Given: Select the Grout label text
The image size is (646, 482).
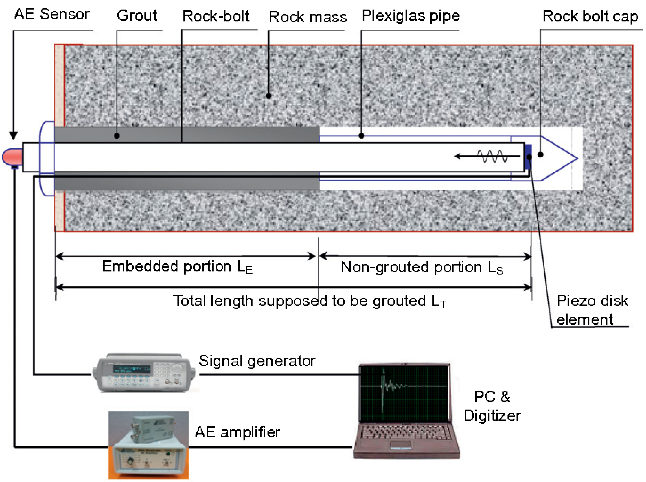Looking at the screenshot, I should tap(137, 15).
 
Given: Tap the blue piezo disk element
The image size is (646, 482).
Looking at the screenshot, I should tap(528, 157).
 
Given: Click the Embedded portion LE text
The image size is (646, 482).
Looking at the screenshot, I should tap(177, 266).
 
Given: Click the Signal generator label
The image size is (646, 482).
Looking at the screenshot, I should tap(257, 360).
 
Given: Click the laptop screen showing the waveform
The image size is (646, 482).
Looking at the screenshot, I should tap(404, 392).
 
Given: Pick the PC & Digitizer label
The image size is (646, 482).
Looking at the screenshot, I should tap(492, 406).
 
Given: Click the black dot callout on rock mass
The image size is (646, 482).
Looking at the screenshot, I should tap(268, 96).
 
